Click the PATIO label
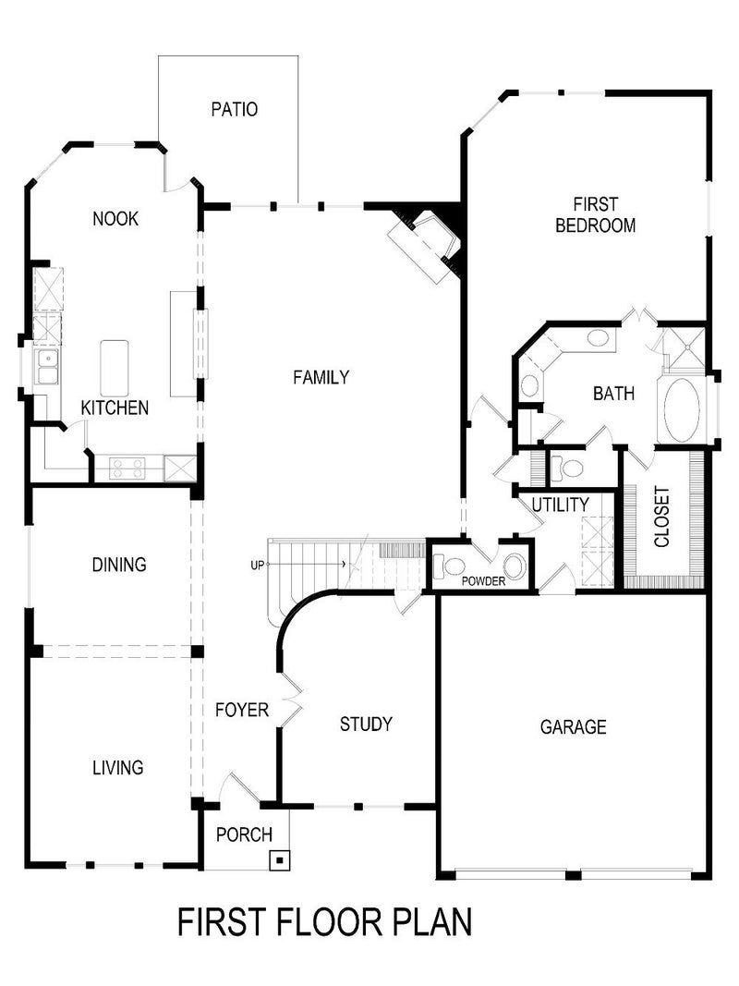pos(234,110)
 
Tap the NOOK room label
pos(115,219)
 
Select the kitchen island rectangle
pos(115,368)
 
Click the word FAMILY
pos(321,377)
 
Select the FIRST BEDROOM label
pos(595,214)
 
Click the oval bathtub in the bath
pos(682,409)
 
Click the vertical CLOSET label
pos(661,517)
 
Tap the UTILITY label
pos(560,505)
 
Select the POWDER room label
pos(484,581)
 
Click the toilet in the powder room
pos(453,566)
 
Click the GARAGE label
pos(573,727)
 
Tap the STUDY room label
pos(366,724)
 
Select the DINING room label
pos(119,565)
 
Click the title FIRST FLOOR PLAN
pos(324,921)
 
